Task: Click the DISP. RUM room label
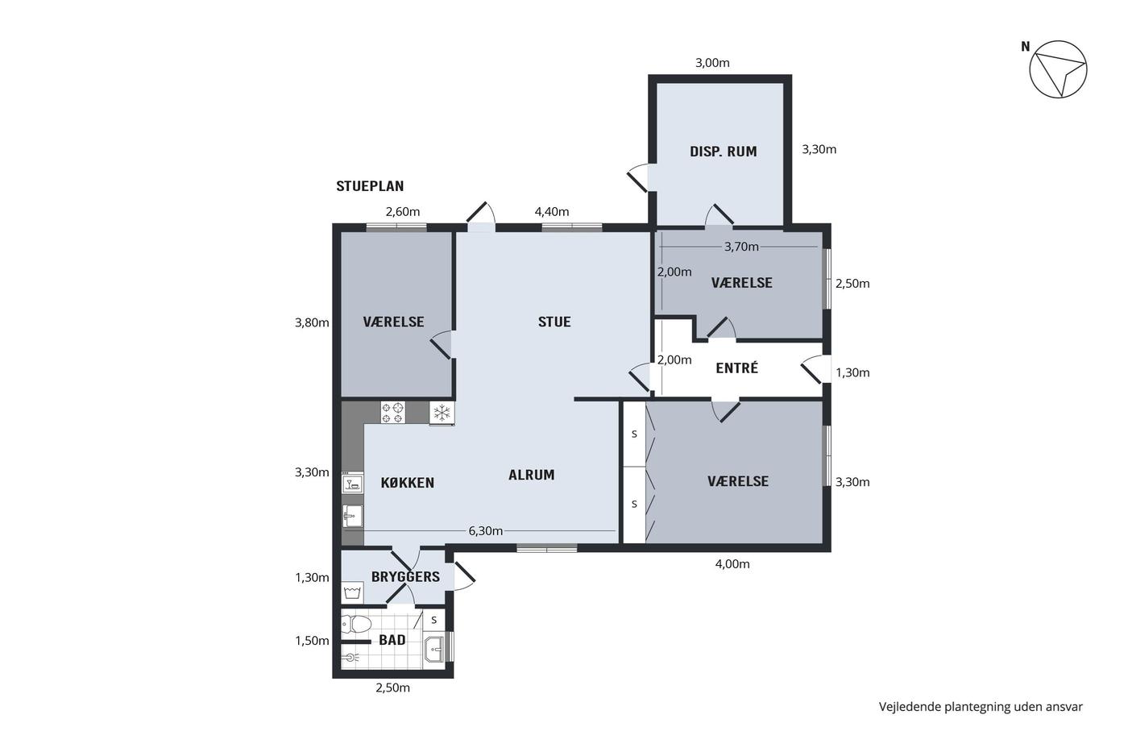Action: (x=724, y=152)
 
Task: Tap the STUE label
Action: (x=554, y=322)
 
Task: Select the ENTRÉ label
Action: (x=736, y=368)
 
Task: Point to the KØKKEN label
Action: (x=408, y=483)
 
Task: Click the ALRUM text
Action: (x=531, y=475)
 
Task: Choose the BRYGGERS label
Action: (x=405, y=577)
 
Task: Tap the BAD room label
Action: (x=392, y=640)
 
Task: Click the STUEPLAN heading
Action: (x=370, y=186)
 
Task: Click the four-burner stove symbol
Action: (x=393, y=412)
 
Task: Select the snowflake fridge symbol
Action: (x=442, y=413)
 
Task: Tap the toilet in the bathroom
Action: (x=356, y=624)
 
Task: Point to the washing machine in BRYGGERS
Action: (x=353, y=592)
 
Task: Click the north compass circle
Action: (x=1058, y=69)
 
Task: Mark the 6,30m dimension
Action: (x=485, y=531)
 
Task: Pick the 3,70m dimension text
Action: (x=741, y=247)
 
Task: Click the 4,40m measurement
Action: (x=552, y=211)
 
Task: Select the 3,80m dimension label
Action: (x=312, y=322)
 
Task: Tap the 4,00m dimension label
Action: (x=732, y=564)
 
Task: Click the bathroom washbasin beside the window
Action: (x=434, y=650)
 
